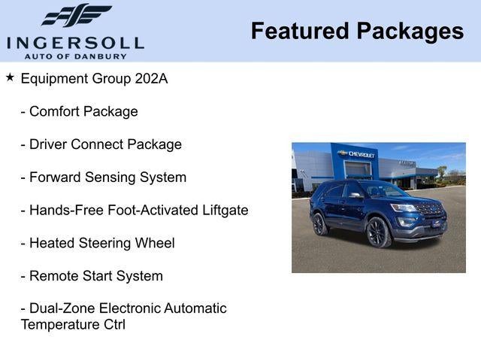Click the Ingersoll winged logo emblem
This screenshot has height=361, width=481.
coord(75,15)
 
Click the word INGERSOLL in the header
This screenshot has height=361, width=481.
coord(75,41)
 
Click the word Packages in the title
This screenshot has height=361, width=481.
coord(410,31)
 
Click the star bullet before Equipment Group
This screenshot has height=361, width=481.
coord(10,77)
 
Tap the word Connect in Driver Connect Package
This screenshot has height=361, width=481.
coord(104,144)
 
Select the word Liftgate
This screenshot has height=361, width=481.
coord(219,211)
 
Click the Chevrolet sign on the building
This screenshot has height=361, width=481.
coord(358,154)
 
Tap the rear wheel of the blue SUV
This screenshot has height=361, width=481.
coord(319,223)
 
